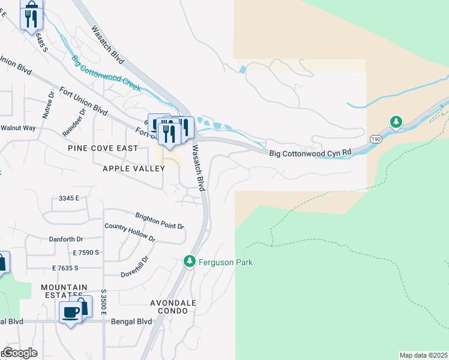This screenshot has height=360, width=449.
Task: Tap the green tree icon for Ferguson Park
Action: (190, 262)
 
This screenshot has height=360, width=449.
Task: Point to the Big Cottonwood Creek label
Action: (106, 73)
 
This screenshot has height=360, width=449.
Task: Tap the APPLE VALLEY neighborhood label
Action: (133, 169)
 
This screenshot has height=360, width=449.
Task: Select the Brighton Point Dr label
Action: (160, 221)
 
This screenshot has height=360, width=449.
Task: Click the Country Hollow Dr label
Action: (130, 232)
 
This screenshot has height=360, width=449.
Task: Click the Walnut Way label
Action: (18, 128)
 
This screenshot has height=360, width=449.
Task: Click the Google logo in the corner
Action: (20, 353)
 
